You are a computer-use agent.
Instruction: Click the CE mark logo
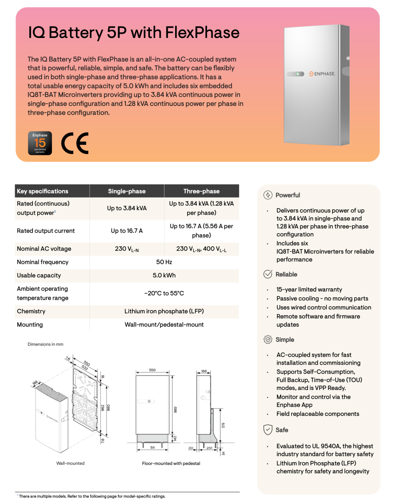(x=75, y=143)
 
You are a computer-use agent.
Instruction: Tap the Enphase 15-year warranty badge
(x=40, y=143)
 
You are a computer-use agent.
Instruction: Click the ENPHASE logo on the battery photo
(x=322, y=74)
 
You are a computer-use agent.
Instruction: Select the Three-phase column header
(x=202, y=191)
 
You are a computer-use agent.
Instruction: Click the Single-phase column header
(x=127, y=191)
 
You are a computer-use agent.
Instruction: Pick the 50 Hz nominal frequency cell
(x=164, y=262)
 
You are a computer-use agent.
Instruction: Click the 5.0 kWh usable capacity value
(x=164, y=275)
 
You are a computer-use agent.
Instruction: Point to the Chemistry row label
(x=31, y=311)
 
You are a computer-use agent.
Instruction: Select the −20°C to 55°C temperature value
(x=164, y=293)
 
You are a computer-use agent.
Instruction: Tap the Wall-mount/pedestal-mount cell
(x=164, y=325)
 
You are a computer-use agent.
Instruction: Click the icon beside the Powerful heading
(x=268, y=195)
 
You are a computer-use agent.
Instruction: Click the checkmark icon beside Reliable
(x=268, y=274)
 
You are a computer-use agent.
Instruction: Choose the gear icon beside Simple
(x=268, y=340)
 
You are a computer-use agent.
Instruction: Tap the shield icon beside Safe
(x=268, y=430)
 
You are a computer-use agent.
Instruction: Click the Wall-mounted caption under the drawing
(x=70, y=463)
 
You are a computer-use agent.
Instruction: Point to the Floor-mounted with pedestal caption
(x=171, y=463)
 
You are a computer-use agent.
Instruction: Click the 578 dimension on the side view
(x=223, y=425)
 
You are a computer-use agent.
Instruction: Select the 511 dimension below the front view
(x=153, y=447)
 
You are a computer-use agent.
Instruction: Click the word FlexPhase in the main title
(x=202, y=32)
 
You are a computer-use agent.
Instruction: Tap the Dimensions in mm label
(x=45, y=344)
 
